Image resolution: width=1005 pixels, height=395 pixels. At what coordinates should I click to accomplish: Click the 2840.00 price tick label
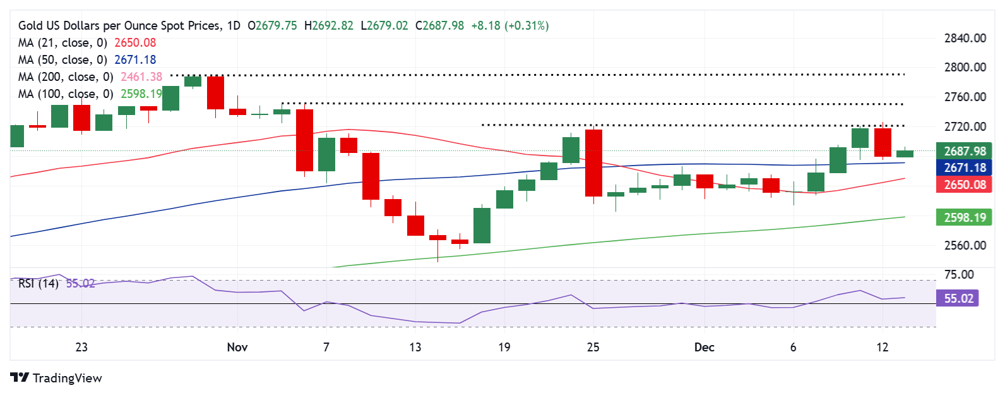[x=965, y=38]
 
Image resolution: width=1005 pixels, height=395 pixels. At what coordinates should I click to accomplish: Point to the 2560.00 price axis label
[x=965, y=245]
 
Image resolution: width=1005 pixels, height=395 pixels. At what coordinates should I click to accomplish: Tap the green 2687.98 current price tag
[x=964, y=151]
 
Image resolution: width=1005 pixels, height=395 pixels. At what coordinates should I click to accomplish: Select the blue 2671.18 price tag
[x=964, y=167]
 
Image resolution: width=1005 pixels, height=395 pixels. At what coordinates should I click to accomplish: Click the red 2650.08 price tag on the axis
[x=964, y=185]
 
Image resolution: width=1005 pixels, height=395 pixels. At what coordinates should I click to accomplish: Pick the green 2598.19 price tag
[x=964, y=217]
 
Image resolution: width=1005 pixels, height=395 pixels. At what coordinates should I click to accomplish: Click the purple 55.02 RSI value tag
[x=958, y=298]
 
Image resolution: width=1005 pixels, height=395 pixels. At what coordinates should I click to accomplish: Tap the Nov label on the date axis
[x=237, y=347]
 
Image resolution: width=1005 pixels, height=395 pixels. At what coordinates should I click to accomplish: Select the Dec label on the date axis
[x=704, y=347]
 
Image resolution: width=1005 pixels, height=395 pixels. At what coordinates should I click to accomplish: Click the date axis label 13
[x=415, y=347]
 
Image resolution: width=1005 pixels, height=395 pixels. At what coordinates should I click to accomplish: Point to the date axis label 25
[x=593, y=347]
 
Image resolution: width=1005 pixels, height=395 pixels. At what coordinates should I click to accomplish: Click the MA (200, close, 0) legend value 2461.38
[x=138, y=77]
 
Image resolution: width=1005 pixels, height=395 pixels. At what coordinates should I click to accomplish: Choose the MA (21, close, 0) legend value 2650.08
[x=135, y=43]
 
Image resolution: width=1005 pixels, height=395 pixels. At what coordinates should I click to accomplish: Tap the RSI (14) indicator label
[x=38, y=284]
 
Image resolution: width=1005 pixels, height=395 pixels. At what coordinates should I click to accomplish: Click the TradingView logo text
[x=67, y=378]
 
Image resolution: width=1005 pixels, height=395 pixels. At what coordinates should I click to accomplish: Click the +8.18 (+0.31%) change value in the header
[x=510, y=26]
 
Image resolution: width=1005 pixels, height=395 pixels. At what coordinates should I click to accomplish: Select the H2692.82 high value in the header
[x=329, y=26]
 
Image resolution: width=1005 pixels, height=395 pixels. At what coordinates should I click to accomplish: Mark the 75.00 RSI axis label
[x=958, y=274]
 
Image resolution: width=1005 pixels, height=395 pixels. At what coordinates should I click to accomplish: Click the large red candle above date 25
[x=593, y=163]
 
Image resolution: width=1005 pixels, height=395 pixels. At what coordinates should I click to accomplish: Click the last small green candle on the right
[x=905, y=154]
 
